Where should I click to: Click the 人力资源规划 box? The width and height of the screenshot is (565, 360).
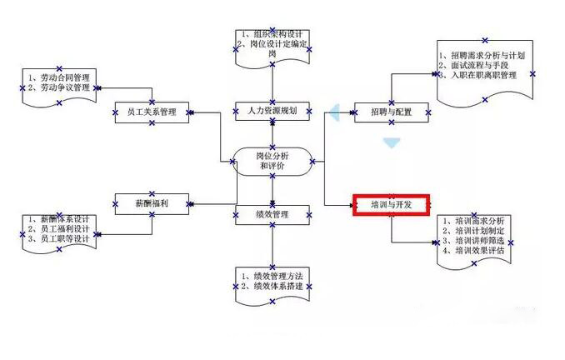[x=272, y=110]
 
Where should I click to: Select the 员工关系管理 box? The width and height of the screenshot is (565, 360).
[x=151, y=111]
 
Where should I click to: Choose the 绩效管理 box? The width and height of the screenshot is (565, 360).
[x=272, y=215]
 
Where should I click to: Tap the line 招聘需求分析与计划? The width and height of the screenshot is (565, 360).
[x=483, y=55]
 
